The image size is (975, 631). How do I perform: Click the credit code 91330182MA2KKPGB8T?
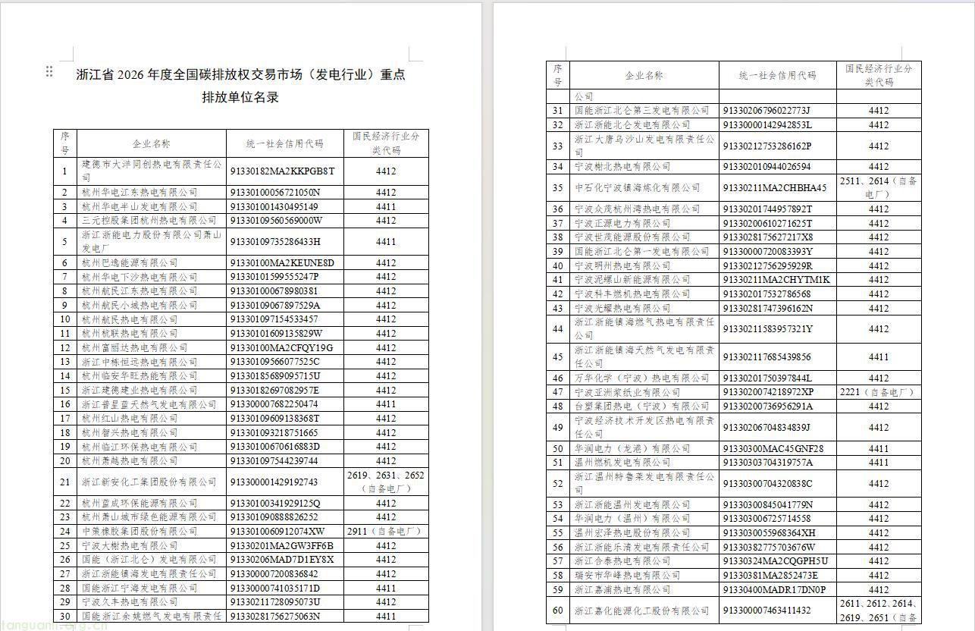click(281, 171)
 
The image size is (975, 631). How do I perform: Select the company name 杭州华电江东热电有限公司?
click(140, 193)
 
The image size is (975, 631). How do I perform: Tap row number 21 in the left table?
click(65, 482)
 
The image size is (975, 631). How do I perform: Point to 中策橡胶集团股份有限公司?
click(140, 532)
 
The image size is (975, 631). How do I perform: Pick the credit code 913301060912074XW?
click(277, 532)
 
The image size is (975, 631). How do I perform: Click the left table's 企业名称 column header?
click(152, 143)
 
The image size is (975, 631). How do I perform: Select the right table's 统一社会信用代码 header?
click(777, 76)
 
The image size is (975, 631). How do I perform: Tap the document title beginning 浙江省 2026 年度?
click(241, 75)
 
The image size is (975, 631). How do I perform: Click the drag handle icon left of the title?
click(49, 71)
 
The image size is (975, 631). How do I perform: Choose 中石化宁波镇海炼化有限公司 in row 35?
click(637, 188)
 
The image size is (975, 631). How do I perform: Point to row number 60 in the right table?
click(558, 611)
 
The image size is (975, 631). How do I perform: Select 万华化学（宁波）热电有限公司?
click(631, 378)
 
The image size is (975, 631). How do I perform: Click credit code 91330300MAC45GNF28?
click(773, 449)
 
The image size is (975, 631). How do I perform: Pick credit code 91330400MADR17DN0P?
click(774, 590)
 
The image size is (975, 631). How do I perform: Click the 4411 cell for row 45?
click(878, 357)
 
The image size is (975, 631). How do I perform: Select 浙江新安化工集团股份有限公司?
click(140, 482)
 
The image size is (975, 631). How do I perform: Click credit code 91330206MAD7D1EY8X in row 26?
click(281, 560)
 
